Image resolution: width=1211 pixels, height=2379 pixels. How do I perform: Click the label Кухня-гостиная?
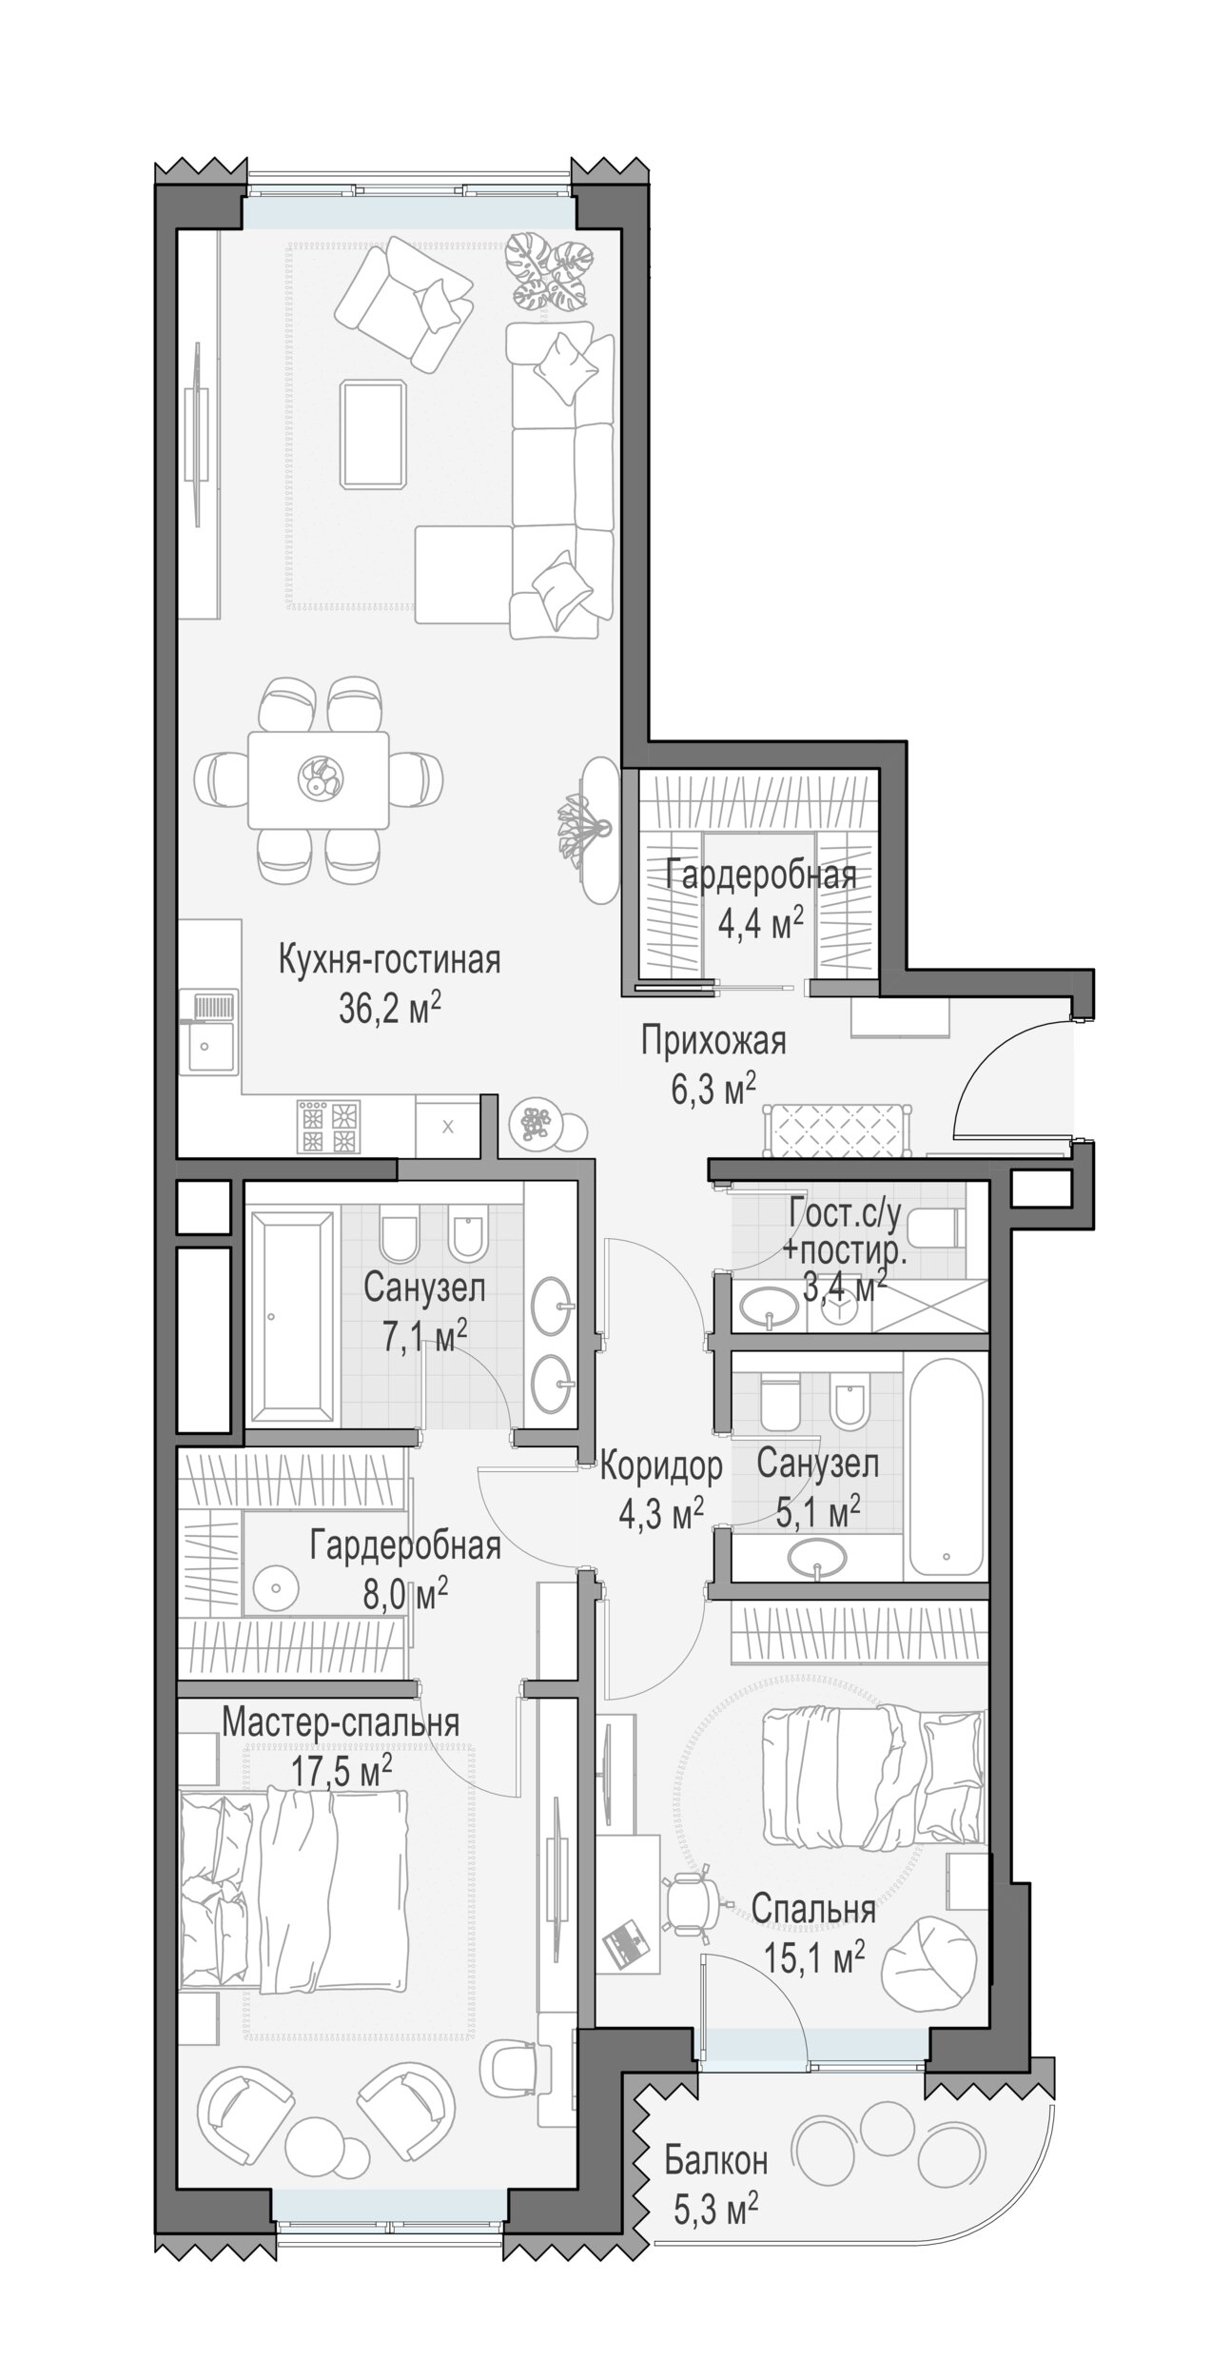click(389, 960)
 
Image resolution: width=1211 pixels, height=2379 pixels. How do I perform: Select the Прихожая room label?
click(713, 1041)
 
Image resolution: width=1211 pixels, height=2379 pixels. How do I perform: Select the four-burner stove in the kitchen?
click(329, 1128)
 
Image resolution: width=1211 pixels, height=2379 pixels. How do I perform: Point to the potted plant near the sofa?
click(549, 273)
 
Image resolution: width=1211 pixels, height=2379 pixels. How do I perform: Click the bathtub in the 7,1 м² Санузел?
click(291, 1317)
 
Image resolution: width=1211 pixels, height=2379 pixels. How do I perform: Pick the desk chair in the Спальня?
click(692, 1908)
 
